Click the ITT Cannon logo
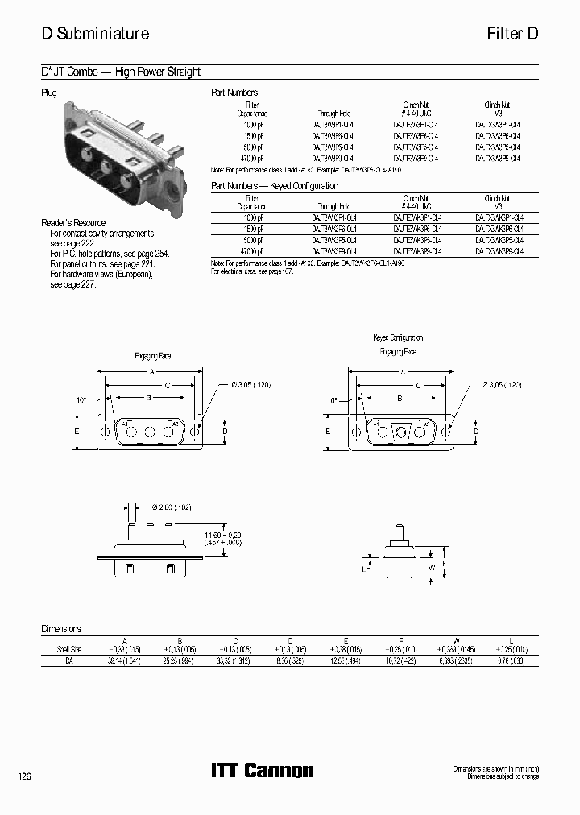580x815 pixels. click(262, 771)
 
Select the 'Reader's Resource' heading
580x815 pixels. click(73, 223)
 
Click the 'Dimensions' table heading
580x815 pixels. click(61, 629)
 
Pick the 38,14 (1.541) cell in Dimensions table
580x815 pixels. click(125, 660)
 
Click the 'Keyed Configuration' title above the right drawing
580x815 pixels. click(398, 338)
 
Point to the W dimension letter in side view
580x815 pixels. click(431, 568)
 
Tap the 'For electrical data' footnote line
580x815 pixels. click(251, 271)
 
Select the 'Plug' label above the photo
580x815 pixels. click(49, 93)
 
